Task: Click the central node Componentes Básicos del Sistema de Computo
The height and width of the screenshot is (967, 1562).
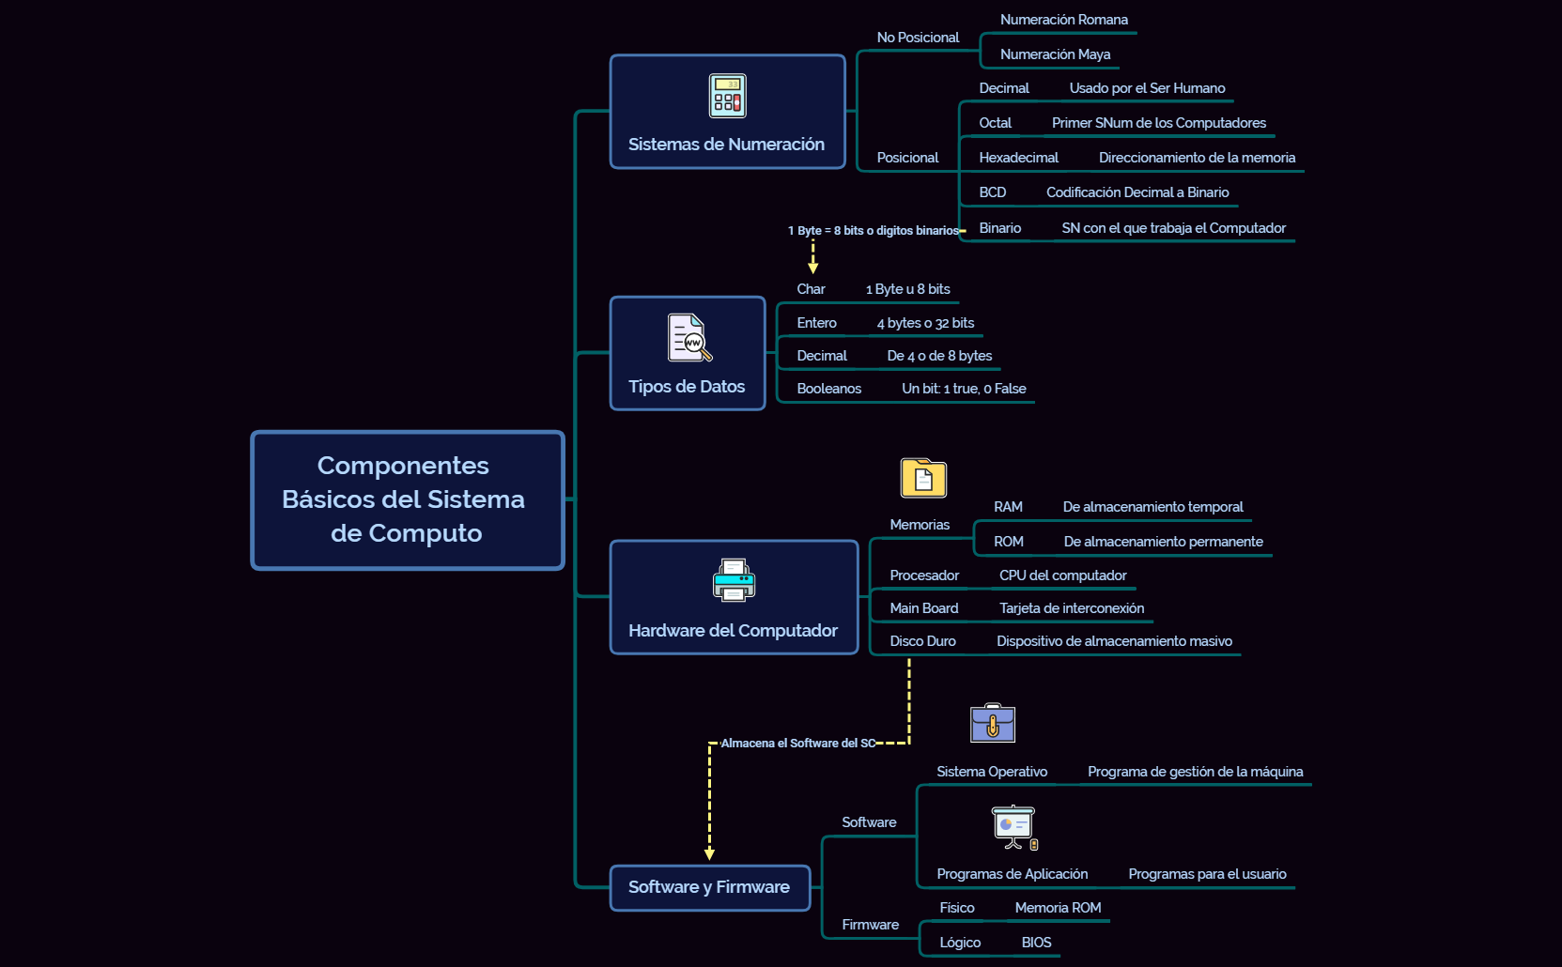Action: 407,499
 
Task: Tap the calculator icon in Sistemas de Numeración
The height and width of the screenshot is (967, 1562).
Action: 727,96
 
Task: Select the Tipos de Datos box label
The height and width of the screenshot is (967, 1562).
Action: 687,387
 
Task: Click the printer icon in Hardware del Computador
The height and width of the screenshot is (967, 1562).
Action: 734,580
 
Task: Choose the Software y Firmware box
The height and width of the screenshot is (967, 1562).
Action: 709,887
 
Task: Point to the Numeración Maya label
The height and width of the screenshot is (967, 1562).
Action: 1055,54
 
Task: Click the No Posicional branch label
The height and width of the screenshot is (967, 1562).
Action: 918,38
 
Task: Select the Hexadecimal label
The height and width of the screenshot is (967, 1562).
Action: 1018,158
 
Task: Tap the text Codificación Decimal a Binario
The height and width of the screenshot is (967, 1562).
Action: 1137,192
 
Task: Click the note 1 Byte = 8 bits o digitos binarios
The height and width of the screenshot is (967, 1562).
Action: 873,231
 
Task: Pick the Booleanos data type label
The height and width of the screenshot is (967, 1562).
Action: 828,389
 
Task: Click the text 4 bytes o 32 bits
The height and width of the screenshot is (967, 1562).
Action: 925,323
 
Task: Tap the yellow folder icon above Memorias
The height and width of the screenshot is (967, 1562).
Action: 923,479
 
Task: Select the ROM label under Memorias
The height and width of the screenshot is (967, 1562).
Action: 1008,542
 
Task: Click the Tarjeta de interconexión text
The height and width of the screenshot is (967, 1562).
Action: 1071,608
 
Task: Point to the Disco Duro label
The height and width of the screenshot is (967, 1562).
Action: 922,641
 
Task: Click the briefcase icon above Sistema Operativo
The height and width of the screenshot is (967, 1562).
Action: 993,723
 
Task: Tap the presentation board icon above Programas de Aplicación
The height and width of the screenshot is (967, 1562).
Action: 1014,827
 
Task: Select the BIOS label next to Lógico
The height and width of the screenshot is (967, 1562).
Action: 1036,943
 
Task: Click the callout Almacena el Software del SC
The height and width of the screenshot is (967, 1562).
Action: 797,744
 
